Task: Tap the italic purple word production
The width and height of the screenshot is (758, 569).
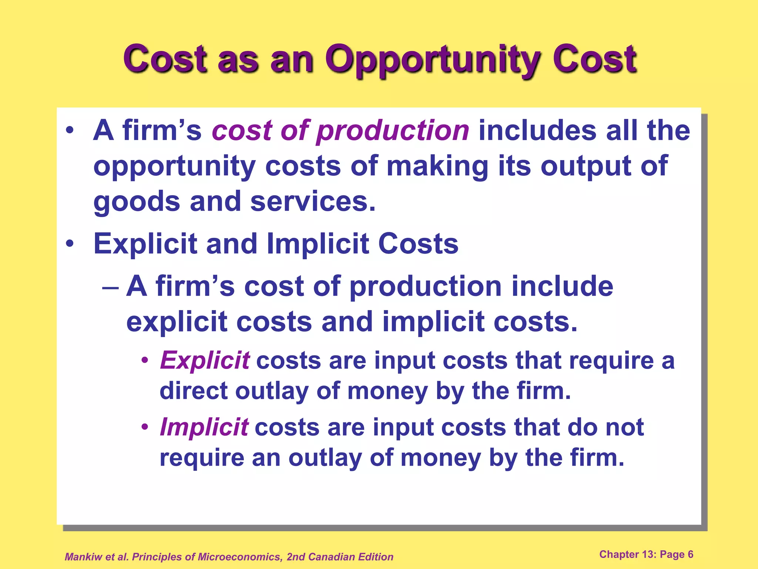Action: click(393, 131)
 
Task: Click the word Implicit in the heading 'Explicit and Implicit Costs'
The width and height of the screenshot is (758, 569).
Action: click(318, 244)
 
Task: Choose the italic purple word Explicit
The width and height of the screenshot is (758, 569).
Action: click(205, 360)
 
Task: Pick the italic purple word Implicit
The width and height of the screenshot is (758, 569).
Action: click(204, 427)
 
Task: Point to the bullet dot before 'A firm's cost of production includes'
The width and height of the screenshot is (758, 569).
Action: click(70, 131)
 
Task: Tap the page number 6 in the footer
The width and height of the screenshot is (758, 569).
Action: click(691, 555)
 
